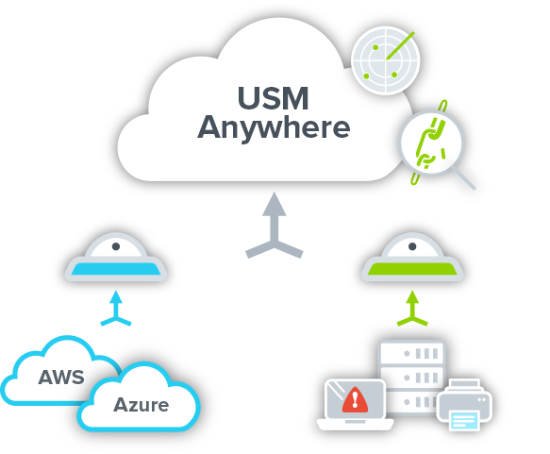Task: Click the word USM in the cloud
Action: point(274,98)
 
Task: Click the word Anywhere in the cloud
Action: point(274,127)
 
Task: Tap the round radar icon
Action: point(386,60)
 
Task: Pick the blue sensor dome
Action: point(116,257)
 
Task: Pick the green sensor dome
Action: point(412,257)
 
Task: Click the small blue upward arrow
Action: point(116,309)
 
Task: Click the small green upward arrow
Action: point(412,309)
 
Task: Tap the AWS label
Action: point(61,378)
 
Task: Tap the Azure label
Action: point(141,405)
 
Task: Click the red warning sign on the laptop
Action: point(355,399)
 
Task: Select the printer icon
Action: point(464,405)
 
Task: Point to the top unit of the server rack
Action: point(412,353)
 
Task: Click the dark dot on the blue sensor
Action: point(116,246)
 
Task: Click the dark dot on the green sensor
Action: point(412,246)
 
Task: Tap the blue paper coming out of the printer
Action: point(464,420)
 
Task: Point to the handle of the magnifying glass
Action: point(464,179)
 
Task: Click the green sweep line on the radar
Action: point(400,46)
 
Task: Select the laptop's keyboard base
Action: point(355,424)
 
